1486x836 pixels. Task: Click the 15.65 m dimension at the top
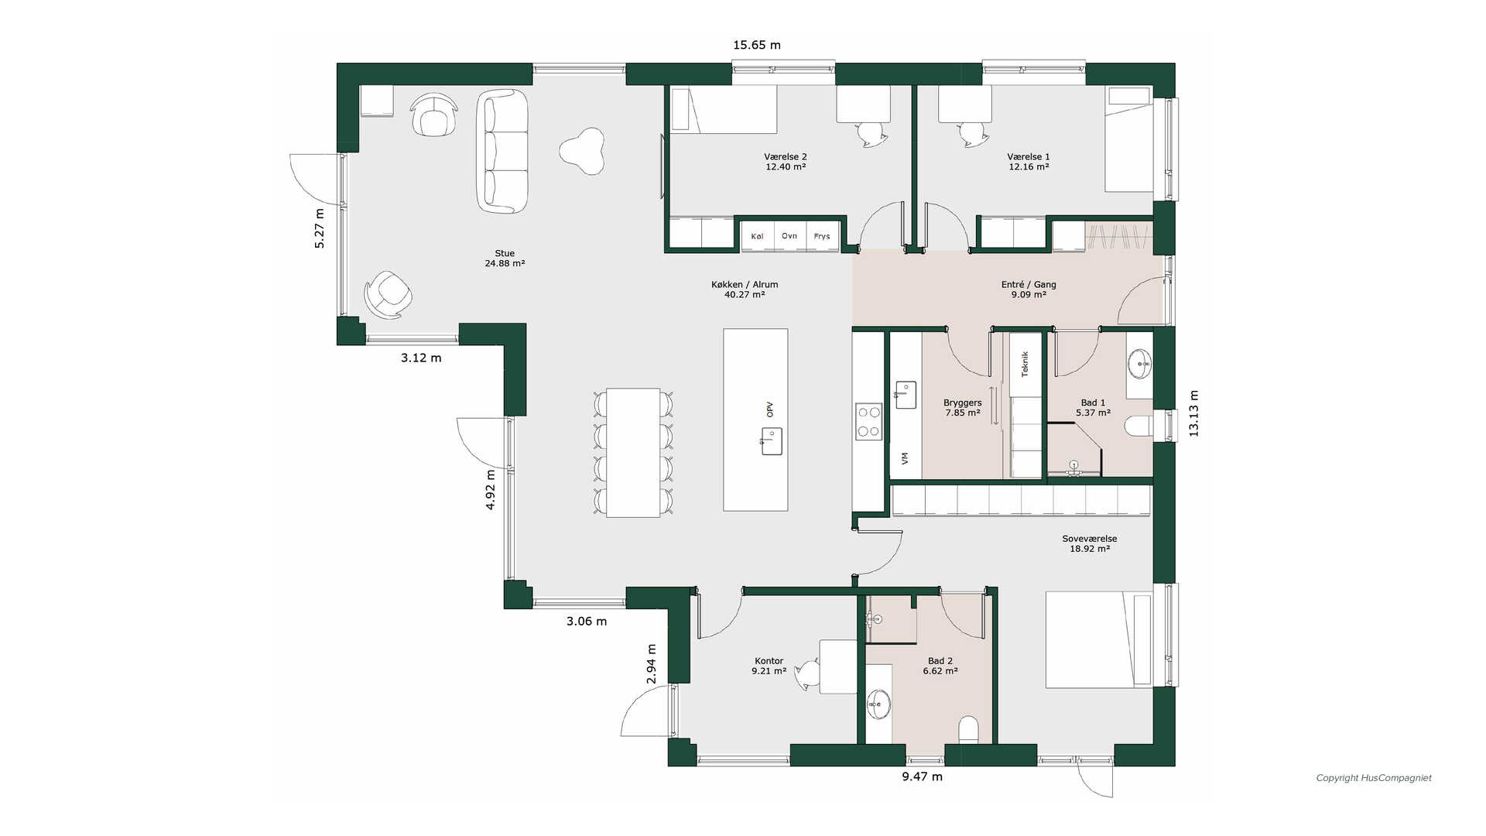click(756, 45)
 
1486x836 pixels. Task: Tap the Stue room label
click(505, 253)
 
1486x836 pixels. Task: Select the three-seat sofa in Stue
click(502, 151)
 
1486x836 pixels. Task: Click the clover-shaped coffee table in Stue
click(582, 151)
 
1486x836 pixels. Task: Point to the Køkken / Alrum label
click(745, 285)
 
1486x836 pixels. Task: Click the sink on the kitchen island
click(771, 441)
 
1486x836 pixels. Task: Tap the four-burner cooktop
click(868, 422)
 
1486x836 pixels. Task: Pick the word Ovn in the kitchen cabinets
click(789, 236)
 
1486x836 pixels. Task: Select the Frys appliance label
click(822, 237)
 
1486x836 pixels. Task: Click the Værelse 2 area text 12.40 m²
click(786, 166)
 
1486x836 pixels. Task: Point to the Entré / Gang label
click(1029, 285)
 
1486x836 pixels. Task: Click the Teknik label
click(1025, 364)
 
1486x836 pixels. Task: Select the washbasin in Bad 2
click(878, 704)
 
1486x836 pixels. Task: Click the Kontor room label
click(769, 661)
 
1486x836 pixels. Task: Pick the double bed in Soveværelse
click(1099, 639)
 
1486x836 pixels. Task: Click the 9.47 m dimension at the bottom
click(922, 776)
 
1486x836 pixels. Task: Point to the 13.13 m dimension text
click(1193, 413)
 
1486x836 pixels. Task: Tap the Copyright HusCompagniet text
click(1374, 778)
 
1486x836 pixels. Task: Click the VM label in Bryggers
click(905, 458)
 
